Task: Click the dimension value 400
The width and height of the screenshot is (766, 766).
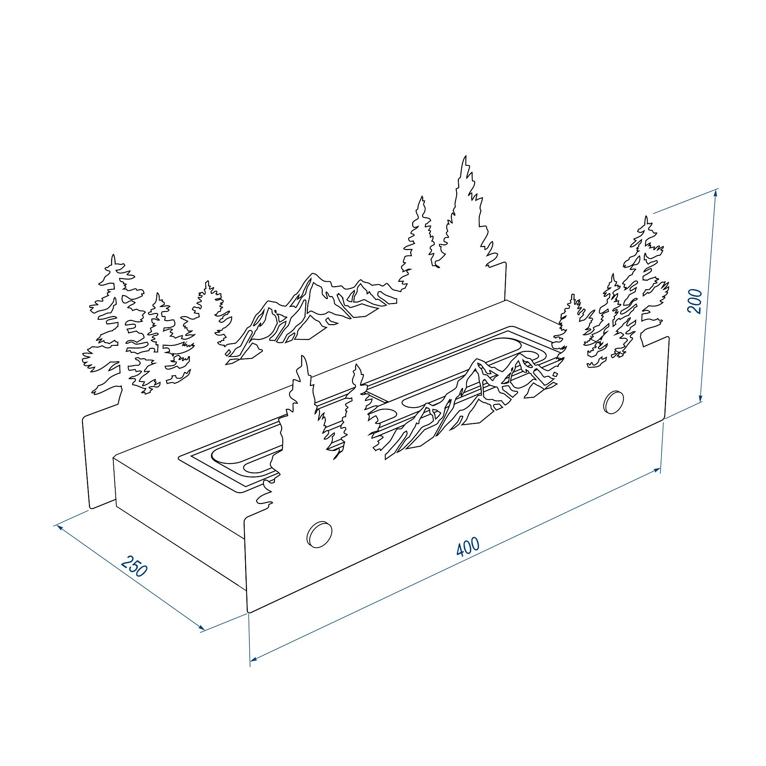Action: pyautogui.click(x=468, y=547)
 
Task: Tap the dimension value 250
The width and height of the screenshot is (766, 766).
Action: pyautogui.click(x=134, y=566)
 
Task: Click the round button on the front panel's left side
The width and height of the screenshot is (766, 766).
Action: pyautogui.click(x=319, y=535)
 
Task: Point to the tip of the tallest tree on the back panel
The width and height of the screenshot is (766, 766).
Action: pyautogui.click(x=465, y=156)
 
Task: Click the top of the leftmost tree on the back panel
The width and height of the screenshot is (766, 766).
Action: pyautogui.click(x=113, y=255)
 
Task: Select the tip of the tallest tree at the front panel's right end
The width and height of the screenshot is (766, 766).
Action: pyautogui.click(x=646, y=216)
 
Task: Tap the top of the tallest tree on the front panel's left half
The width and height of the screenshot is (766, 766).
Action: pyautogui.click(x=303, y=356)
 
